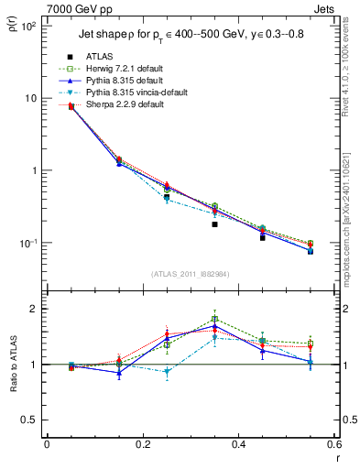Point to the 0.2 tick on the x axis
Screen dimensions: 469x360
click(x=143, y=444)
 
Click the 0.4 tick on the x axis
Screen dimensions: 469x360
click(x=238, y=444)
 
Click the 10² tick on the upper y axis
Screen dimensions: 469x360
click(x=30, y=26)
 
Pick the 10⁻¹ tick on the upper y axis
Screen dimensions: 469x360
click(x=30, y=243)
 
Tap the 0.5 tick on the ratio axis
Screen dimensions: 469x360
click(x=32, y=420)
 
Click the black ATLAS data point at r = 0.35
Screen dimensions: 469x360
click(x=214, y=224)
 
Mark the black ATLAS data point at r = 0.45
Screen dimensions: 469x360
click(x=262, y=237)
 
